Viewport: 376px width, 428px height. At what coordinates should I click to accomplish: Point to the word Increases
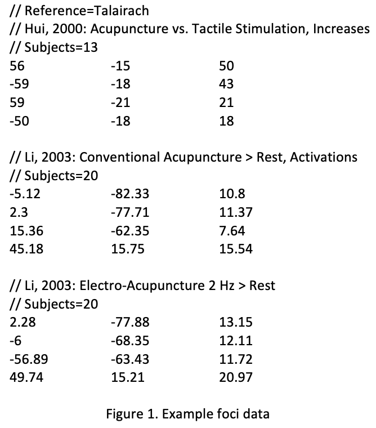(x=341, y=29)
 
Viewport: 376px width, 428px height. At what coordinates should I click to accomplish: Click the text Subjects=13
(x=61, y=47)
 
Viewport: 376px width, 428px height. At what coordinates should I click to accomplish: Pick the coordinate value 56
(x=17, y=66)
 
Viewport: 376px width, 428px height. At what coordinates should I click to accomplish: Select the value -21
(x=120, y=102)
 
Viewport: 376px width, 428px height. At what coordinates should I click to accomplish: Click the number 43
(x=226, y=84)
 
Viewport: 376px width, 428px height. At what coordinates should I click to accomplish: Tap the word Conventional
(x=119, y=157)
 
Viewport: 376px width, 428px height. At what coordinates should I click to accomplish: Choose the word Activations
(x=323, y=157)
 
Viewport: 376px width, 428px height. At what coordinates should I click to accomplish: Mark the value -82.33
(x=130, y=194)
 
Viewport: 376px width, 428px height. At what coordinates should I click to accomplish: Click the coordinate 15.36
(x=26, y=231)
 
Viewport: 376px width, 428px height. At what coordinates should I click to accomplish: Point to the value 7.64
(x=232, y=231)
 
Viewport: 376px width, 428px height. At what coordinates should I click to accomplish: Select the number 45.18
(x=26, y=249)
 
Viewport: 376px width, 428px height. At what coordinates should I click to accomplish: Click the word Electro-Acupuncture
(x=142, y=286)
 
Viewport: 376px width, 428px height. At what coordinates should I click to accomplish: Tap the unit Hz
(x=227, y=286)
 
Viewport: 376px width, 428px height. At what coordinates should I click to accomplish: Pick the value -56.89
(x=29, y=359)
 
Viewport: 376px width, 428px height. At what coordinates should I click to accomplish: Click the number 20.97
(x=236, y=377)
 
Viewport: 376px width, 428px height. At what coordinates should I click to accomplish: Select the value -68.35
(x=130, y=341)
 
